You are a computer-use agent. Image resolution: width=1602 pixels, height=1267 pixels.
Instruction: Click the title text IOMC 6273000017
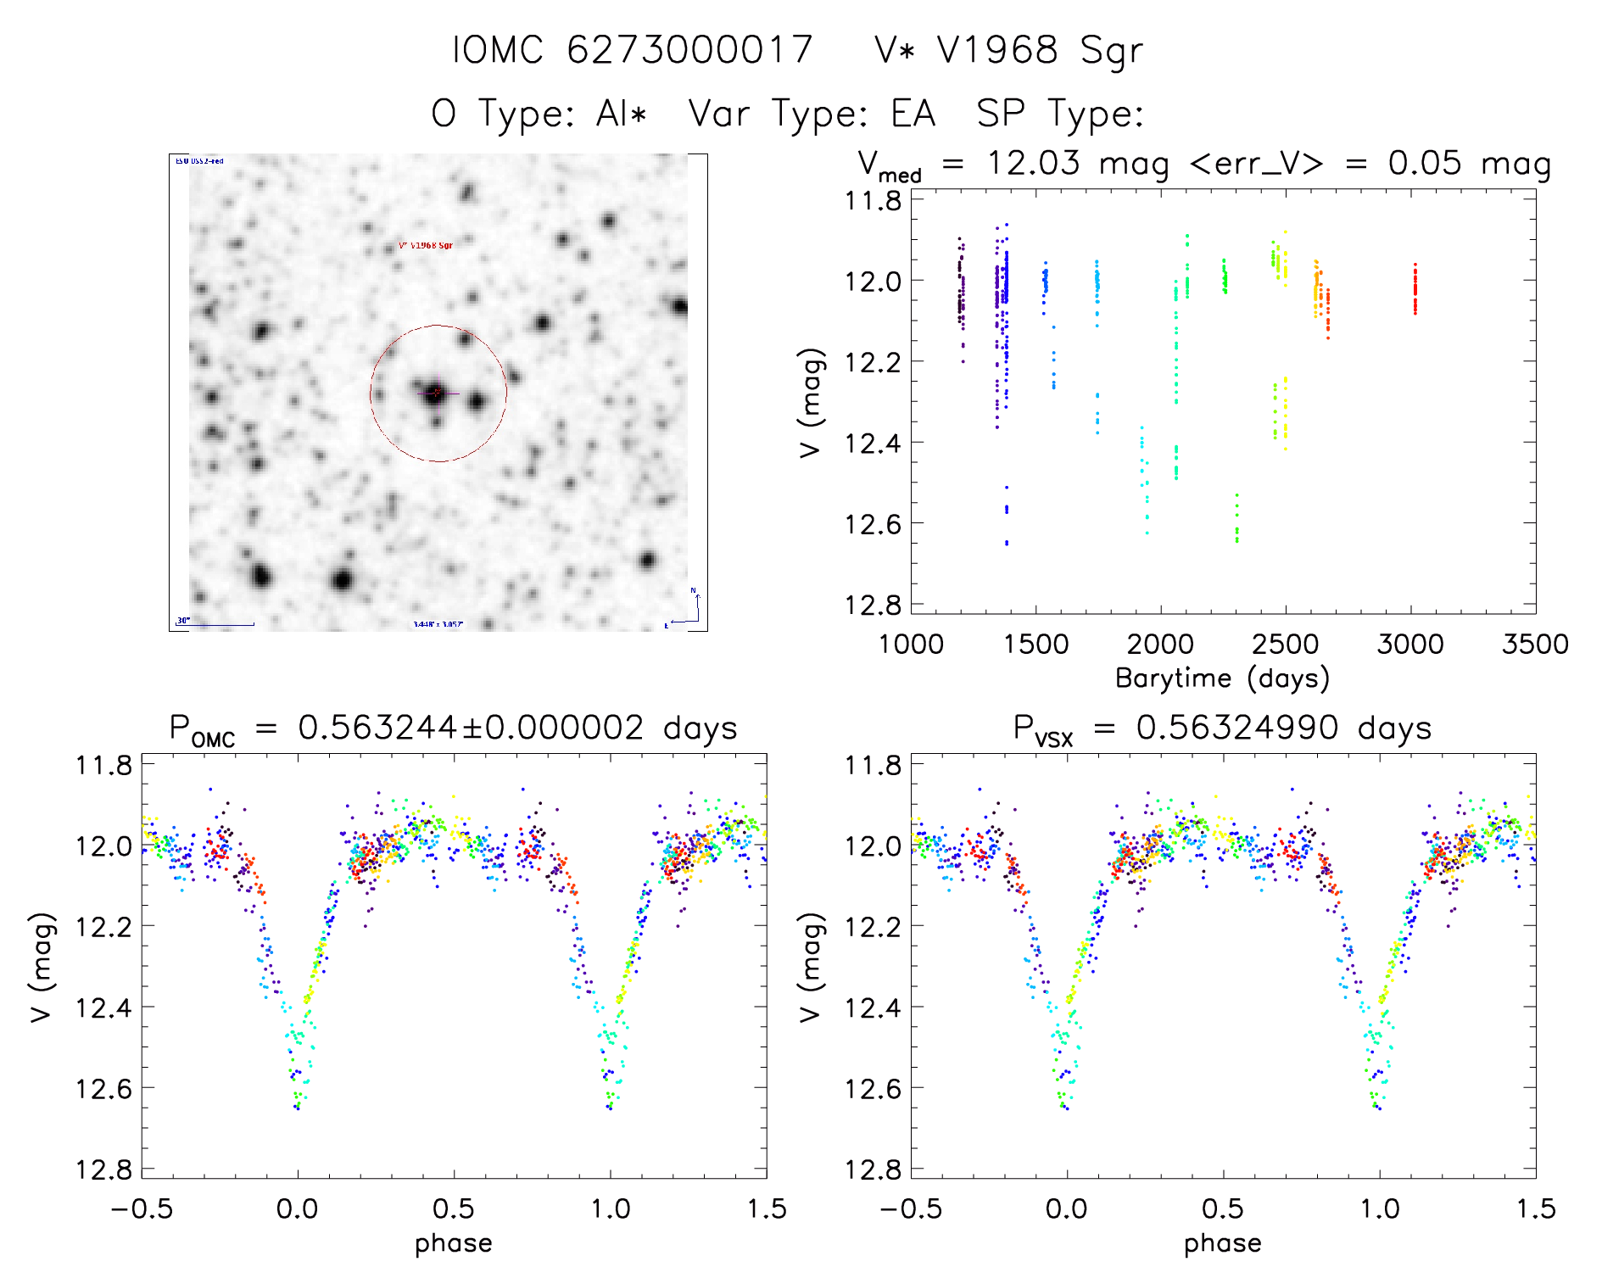tap(632, 50)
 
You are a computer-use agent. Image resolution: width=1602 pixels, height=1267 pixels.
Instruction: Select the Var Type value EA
tap(913, 114)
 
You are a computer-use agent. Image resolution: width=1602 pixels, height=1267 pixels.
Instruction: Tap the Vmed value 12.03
tap(1033, 163)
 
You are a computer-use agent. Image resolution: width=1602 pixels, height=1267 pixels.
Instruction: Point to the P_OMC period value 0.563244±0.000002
tap(471, 728)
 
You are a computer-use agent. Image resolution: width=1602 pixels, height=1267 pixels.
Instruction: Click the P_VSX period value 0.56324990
tap(1236, 728)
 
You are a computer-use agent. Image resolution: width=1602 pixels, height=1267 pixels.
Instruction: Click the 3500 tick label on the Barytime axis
tap(1534, 645)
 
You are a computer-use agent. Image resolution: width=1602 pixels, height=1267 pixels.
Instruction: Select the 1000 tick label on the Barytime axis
tap(911, 645)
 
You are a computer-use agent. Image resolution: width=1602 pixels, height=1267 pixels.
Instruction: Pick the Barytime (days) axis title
tap(1222, 678)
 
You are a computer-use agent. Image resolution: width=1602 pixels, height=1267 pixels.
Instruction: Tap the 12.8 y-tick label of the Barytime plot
tap(873, 605)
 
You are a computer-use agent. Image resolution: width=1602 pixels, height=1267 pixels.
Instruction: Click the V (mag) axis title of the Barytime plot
tap(811, 403)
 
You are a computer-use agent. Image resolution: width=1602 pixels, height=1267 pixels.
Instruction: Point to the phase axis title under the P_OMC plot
tap(454, 1243)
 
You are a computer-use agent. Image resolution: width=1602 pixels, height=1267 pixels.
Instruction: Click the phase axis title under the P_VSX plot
tap(1222, 1243)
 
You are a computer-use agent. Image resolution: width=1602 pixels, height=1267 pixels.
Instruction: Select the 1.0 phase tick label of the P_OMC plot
tap(610, 1208)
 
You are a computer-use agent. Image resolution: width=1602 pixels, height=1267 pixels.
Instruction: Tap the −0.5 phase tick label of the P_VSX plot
tap(910, 1208)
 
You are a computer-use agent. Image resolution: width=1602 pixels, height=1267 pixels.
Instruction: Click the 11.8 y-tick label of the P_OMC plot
tap(103, 766)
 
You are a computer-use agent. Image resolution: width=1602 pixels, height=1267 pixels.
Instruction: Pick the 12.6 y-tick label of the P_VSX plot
tap(873, 1088)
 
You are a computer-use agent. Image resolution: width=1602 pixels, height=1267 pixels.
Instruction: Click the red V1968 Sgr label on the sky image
tap(426, 246)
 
